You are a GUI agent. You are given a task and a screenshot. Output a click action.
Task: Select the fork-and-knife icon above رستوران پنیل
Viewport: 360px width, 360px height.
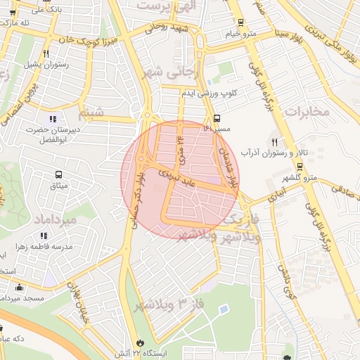click(x=46, y=53)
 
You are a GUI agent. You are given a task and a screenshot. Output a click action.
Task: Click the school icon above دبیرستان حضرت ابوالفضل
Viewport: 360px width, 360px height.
click(x=53, y=117)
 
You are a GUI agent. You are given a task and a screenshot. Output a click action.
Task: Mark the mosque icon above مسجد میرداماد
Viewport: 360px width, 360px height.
click(x=18, y=287)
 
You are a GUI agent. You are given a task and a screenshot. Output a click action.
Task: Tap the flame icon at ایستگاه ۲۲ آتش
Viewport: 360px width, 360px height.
click(x=147, y=335)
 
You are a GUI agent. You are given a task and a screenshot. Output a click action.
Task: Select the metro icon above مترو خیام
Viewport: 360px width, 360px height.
click(x=241, y=22)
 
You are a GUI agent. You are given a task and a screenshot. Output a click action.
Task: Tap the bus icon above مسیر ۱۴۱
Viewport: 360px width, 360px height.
click(x=217, y=118)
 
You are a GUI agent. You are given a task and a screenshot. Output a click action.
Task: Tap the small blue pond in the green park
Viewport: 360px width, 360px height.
click(x=223, y=309)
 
